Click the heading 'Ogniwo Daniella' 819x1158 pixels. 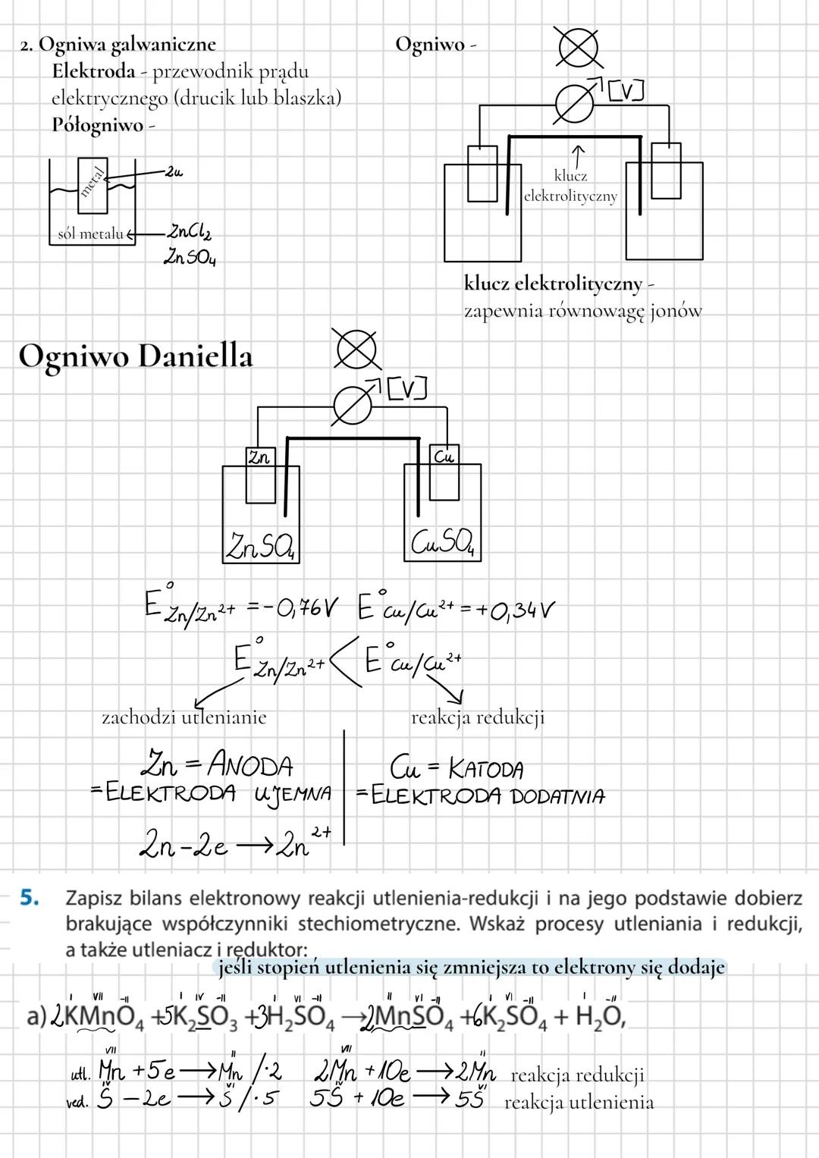coord(135,356)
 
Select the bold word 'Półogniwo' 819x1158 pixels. coord(97,125)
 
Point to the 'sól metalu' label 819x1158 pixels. coord(90,234)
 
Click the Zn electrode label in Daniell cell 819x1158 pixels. coord(259,458)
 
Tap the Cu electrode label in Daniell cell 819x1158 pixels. coord(443,457)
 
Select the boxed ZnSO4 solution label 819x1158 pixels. coord(261,545)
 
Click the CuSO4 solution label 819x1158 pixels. coord(444,542)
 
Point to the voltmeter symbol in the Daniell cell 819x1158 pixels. coord(353,408)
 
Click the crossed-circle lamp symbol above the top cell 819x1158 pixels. coord(577,46)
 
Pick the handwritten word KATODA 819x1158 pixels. coord(485,770)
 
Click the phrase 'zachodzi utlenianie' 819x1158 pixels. coord(184,717)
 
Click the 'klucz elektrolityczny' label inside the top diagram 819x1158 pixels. coord(570,186)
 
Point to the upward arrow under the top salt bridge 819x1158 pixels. coord(578,155)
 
